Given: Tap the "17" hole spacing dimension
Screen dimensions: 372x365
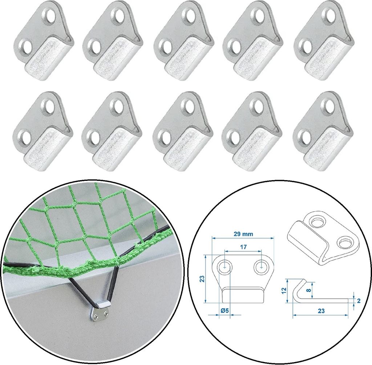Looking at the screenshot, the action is click(x=243, y=247).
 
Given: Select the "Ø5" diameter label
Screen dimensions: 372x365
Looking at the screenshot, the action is click(x=225, y=310).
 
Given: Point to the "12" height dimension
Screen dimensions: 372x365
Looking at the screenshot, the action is click(x=284, y=290).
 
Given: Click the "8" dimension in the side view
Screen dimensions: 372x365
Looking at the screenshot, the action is click(x=309, y=290).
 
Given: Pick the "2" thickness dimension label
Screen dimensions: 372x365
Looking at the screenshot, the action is click(x=359, y=301).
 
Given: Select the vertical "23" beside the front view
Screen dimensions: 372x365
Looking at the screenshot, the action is click(x=202, y=279).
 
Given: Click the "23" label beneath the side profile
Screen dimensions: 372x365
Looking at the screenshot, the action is click(x=321, y=311).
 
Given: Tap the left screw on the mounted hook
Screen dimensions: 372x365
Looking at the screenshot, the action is click(x=96, y=316).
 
